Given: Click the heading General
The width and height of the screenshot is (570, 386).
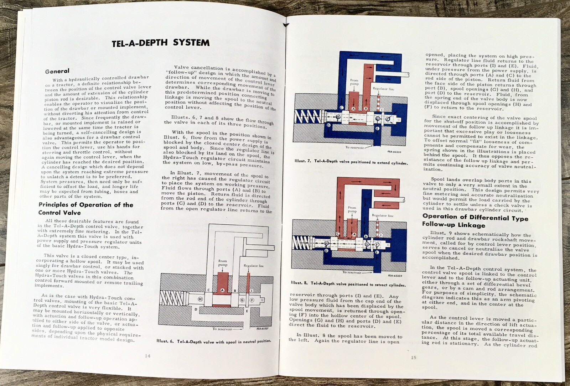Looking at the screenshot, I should click(x=57, y=71).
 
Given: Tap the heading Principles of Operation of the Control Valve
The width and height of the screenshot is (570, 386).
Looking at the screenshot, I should click(x=85, y=209).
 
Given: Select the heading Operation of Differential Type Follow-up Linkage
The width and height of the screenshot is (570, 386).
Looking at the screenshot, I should click(x=475, y=221).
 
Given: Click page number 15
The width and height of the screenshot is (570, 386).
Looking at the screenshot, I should click(x=413, y=358).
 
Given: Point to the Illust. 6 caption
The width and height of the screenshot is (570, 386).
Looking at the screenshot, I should click(x=213, y=341).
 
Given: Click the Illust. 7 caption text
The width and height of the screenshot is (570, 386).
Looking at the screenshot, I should click(x=351, y=162).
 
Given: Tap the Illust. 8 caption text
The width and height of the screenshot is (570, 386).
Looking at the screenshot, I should click(x=348, y=284).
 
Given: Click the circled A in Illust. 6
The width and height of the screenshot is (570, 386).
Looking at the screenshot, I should click(x=222, y=290).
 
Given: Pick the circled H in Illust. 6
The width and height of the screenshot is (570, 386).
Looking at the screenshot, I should click(x=200, y=299).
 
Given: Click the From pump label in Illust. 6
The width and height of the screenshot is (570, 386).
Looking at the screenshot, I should click(x=223, y=263).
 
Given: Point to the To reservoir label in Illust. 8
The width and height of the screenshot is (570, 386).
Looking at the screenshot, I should click(x=352, y=272).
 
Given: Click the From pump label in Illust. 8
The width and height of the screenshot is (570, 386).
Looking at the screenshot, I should click(x=352, y=209).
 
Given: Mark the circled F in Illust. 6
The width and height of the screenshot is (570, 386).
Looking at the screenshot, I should click(x=252, y=300).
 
